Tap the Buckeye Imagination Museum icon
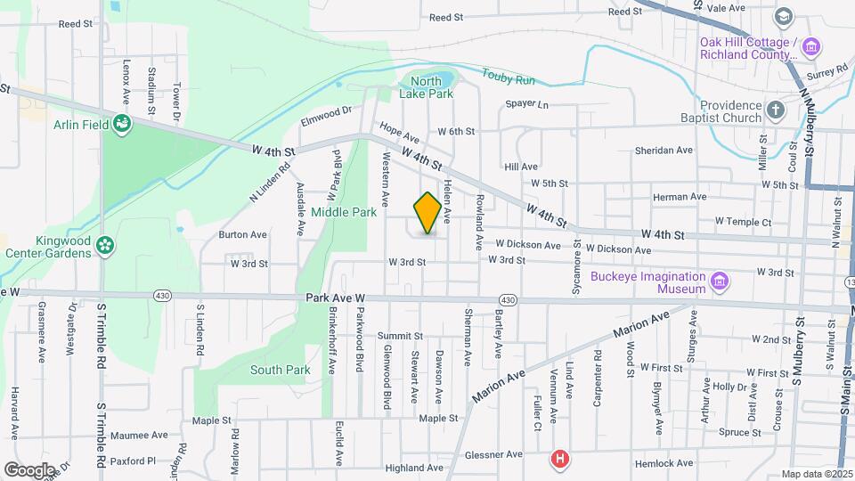(x=721, y=283)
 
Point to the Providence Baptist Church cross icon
(x=776, y=110)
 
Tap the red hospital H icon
(x=559, y=460)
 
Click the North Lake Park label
(x=432, y=87)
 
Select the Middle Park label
(x=344, y=213)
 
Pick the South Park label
(x=280, y=370)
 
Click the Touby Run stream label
(x=509, y=78)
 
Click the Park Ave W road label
(x=336, y=298)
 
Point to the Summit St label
(x=399, y=336)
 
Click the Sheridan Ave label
(x=664, y=151)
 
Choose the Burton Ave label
(x=242, y=235)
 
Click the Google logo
(x=29, y=469)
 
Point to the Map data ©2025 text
(x=816, y=474)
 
